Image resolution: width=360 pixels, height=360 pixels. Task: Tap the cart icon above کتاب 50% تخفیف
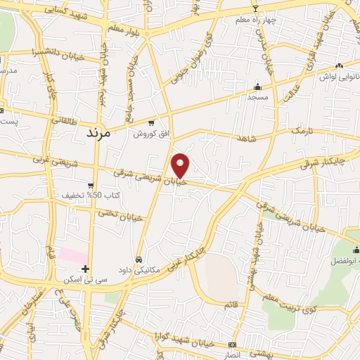(x=90, y=185)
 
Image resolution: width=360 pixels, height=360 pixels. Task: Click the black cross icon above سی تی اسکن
(x=85, y=269)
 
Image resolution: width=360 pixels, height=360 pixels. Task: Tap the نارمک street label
(x=301, y=131)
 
